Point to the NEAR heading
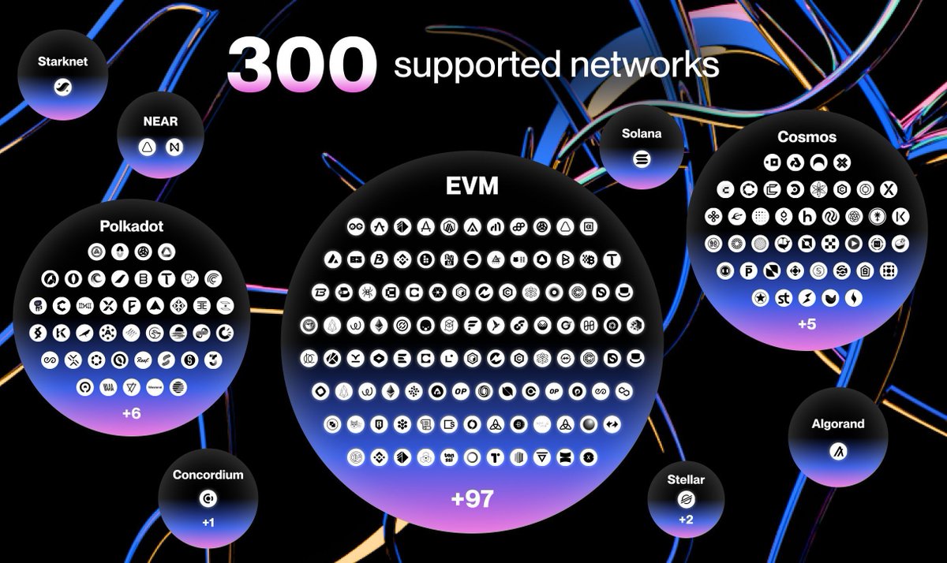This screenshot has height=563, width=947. [x=160, y=121]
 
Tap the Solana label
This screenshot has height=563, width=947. [x=641, y=133]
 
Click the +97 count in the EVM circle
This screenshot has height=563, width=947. [x=472, y=499]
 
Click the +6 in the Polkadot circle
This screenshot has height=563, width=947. [x=131, y=412]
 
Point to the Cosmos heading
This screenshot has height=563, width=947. [x=806, y=137]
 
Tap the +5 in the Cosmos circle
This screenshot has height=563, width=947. [x=807, y=324]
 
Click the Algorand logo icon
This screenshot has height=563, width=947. [x=838, y=452]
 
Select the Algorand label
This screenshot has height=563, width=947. [x=838, y=423]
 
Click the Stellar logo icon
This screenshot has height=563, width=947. [x=685, y=499]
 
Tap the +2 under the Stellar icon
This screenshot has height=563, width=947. [x=685, y=520]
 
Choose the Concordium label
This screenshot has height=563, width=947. [x=208, y=475]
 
